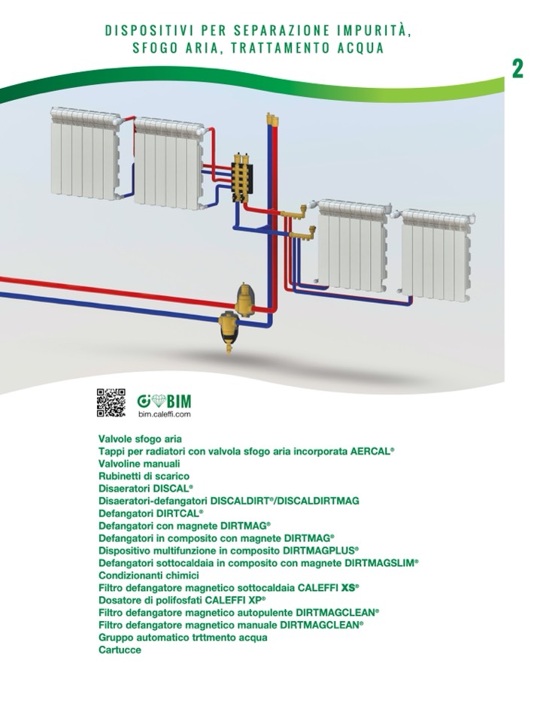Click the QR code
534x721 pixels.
(111, 403)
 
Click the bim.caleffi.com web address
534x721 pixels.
(165, 414)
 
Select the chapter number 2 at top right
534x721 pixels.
(517, 68)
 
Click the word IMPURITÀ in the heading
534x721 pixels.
(381, 31)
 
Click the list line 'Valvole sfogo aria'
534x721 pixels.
(140, 438)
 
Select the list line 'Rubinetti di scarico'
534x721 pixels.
(144, 476)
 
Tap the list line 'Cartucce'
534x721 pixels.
(120, 650)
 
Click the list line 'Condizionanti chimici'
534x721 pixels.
(148, 575)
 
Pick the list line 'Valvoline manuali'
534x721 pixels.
(139, 464)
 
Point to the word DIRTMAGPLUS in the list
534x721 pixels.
(322, 550)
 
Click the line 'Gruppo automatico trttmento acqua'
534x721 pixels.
(183, 638)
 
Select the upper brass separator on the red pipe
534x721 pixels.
(246, 298)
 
